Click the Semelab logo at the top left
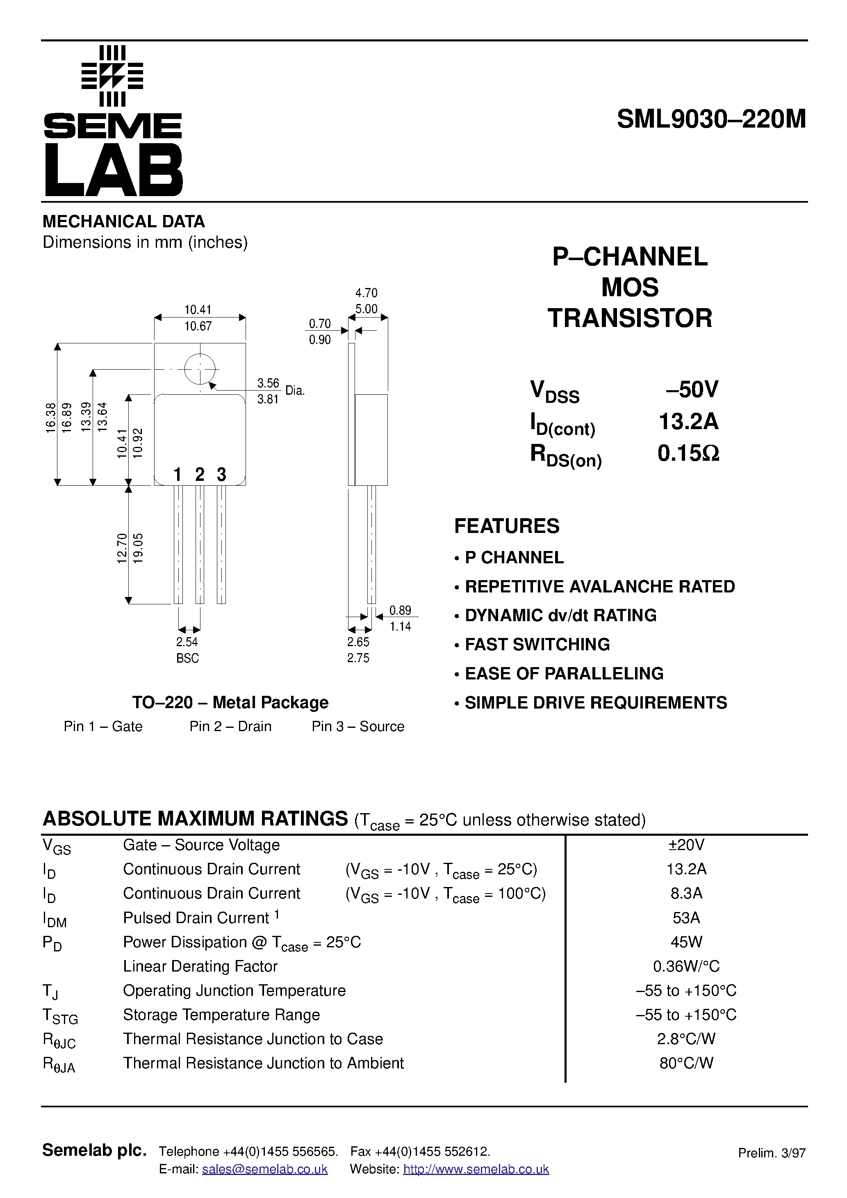tap(113, 121)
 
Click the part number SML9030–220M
tap(711, 119)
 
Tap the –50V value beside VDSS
tap(692, 390)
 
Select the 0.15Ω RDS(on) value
tap(688, 453)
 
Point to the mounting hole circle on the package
tap(200, 369)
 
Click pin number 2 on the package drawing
tap(200, 474)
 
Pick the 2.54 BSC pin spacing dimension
tap(187, 649)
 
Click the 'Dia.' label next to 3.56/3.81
tap(295, 390)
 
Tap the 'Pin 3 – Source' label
tap(358, 726)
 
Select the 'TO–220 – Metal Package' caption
tap(230, 702)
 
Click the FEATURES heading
tap(506, 526)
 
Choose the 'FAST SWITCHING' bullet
tap(537, 645)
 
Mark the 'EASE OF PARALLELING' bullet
tap(563, 674)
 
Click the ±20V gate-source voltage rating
tap(686, 845)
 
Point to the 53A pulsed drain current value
tap(686, 918)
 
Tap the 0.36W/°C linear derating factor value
tap(686, 966)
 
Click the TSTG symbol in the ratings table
tap(60, 1015)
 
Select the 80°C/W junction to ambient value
tap(686, 1063)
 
